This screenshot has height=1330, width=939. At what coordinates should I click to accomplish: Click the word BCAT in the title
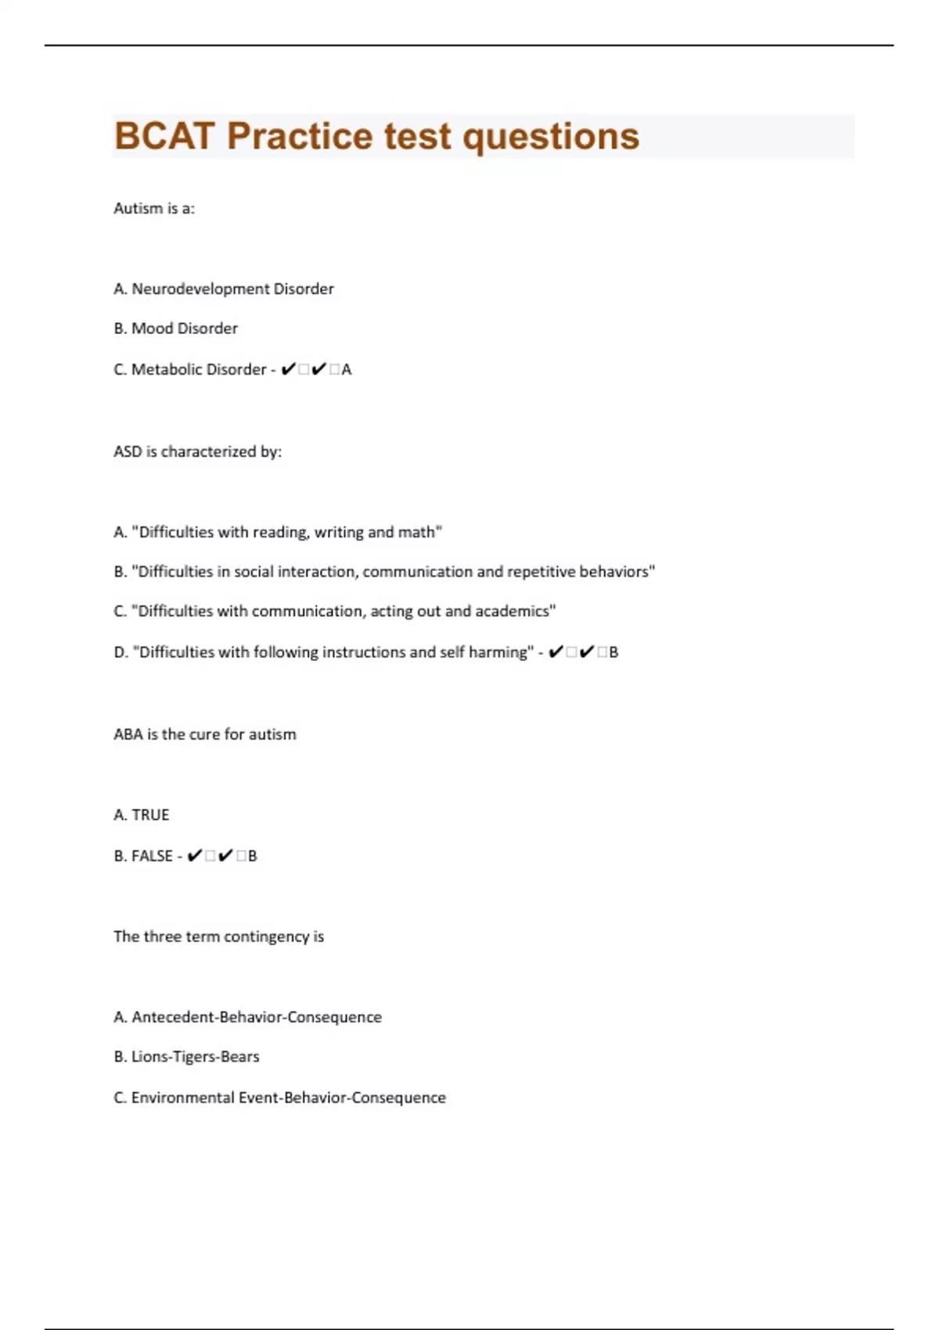pyautogui.click(x=164, y=136)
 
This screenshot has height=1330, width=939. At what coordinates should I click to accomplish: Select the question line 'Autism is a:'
pyautogui.click(x=154, y=208)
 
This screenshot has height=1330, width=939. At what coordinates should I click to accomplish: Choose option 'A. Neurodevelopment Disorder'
pyautogui.click(x=224, y=289)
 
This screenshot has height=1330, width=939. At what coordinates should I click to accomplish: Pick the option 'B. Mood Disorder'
pyautogui.click(x=175, y=329)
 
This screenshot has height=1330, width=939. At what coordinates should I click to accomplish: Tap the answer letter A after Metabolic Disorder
pyautogui.click(x=347, y=370)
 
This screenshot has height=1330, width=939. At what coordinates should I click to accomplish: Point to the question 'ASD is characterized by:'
pyautogui.click(x=197, y=451)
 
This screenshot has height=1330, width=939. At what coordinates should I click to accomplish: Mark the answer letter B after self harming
pyautogui.click(x=613, y=652)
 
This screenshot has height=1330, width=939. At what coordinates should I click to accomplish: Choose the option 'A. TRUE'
pyautogui.click(x=142, y=815)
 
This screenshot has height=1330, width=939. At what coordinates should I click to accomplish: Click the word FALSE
pyautogui.click(x=152, y=856)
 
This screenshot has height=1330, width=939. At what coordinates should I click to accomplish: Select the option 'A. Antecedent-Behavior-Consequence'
pyautogui.click(x=248, y=1017)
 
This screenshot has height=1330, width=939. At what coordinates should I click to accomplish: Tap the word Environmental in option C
pyautogui.click(x=182, y=1098)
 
